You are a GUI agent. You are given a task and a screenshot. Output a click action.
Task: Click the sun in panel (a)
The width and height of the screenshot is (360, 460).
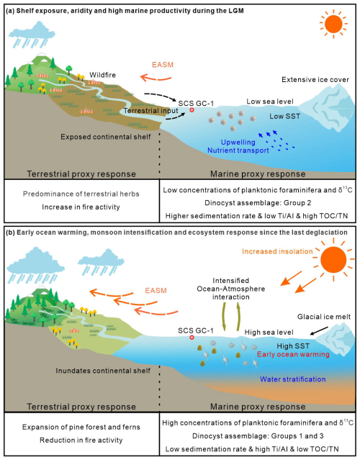pyautogui.click(x=333, y=24)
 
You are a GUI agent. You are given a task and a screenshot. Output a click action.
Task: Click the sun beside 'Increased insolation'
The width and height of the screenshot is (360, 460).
pyautogui.click(x=333, y=260)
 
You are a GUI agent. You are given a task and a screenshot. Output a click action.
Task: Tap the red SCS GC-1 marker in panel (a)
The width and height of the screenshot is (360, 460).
pyautogui.click(x=192, y=110)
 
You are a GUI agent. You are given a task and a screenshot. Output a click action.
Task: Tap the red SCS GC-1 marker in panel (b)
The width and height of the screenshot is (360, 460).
pyautogui.click(x=192, y=338)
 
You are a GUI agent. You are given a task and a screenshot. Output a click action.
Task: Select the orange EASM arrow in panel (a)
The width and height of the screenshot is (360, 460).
pyautogui.click(x=156, y=78)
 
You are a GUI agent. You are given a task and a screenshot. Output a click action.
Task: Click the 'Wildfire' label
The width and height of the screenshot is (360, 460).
pyautogui.click(x=102, y=75)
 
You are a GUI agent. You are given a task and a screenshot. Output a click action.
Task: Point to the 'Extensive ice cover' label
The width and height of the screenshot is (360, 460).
pyautogui.click(x=315, y=79)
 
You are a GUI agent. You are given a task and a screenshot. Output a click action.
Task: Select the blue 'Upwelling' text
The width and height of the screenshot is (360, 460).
pyautogui.click(x=238, y=143)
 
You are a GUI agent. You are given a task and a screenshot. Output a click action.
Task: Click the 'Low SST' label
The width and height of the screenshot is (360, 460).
pyautogui.click(x=285, y=116)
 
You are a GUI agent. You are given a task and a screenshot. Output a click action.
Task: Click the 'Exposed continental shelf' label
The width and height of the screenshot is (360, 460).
pyautogui.click(x=106, y=137)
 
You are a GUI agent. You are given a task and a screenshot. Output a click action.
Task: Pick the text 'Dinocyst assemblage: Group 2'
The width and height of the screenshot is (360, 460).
pyautogui.click(x=258, y=203)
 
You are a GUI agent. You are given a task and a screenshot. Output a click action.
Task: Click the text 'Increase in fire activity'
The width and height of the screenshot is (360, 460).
pyautogui.click(x=81, y=207)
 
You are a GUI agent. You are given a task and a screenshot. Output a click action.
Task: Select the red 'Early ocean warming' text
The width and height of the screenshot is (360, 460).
pyautogui.click(x=293, y=354)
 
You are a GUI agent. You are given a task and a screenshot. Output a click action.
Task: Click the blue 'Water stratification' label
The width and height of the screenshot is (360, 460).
pyautogui.click(x=293, y=379)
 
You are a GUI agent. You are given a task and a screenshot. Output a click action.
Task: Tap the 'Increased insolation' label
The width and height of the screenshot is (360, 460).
pyautogui.click(x=277, y=251)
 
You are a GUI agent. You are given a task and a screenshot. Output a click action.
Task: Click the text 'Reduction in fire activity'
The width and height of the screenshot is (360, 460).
pyautogui.click(x=81, y=440)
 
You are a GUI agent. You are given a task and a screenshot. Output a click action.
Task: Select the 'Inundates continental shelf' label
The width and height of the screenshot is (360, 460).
pyautogui.click(x=103, y=371)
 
